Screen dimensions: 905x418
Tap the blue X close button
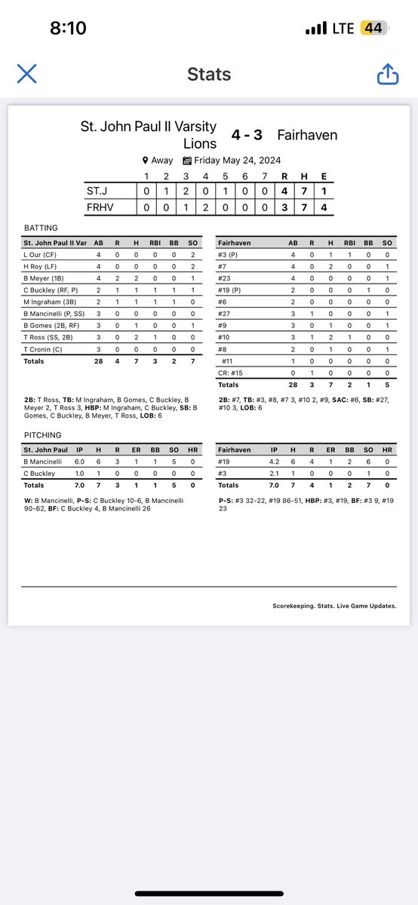[27, 74]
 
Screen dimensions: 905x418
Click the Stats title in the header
[209, 74]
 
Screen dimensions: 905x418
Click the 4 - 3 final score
[247, 135]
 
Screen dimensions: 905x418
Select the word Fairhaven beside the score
[307, 135]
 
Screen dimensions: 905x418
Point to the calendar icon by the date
[187, 161]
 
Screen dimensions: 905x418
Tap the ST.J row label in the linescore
[98, 192]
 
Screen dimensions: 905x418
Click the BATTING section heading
[41, 227]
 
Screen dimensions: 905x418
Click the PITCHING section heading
[42, 435]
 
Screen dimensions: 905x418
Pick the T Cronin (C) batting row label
[47, 350]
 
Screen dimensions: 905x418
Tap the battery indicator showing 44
[372, 29]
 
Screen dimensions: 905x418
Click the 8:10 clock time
[68, 29]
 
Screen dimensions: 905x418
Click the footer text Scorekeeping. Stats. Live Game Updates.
[334, 606]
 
